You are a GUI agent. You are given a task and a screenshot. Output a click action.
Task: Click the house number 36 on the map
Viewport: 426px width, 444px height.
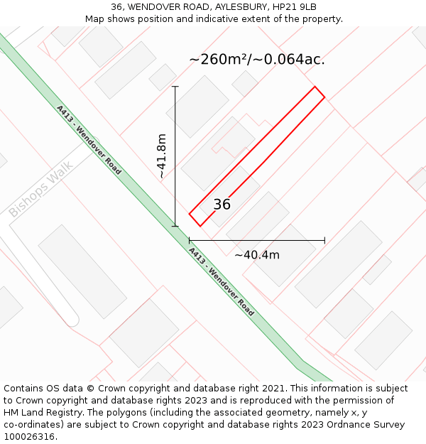(x=222, y=205)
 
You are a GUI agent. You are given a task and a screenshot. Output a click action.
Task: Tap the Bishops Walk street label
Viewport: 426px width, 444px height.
(x=40, y=189)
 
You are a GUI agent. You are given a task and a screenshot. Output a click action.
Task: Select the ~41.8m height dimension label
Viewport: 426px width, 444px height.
(x=162, y=156)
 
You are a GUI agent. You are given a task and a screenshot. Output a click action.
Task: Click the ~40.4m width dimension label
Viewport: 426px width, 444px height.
(x=257, y=255)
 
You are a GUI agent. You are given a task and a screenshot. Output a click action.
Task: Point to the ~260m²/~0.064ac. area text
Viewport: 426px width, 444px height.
(x=257, y=60)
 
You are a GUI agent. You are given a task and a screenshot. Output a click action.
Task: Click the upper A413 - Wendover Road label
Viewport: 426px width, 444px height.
(x=89, y=139)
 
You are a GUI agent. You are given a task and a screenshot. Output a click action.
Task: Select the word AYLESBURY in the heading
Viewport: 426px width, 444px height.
(x=234, y=7)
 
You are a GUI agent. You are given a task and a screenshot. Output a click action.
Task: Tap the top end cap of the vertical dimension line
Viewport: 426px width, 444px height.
(x=175, y=87)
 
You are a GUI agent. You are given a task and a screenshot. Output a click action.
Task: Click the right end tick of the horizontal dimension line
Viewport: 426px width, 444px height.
(x=324, y=241)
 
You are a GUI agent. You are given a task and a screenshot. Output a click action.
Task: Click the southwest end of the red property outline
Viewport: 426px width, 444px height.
(x=194, y=220)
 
